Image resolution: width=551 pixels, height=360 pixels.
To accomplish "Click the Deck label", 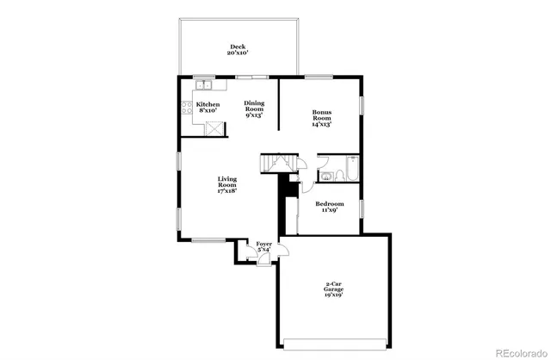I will (237, 47).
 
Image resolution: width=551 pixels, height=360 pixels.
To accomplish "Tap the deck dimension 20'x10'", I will (237, 53).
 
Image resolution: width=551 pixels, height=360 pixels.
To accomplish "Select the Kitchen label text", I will (207, 104).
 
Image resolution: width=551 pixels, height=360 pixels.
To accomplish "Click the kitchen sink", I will (205, 85).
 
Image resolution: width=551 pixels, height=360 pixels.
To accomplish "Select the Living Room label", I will (226, 183).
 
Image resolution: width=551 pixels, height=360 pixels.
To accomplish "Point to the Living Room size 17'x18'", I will (226, 190).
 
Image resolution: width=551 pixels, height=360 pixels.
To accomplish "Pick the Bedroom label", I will (332, 204).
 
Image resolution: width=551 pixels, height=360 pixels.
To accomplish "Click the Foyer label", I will (264, 245).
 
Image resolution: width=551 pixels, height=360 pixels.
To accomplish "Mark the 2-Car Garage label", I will (334, 286).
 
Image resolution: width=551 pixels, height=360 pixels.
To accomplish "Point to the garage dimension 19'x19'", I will (334, 295).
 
